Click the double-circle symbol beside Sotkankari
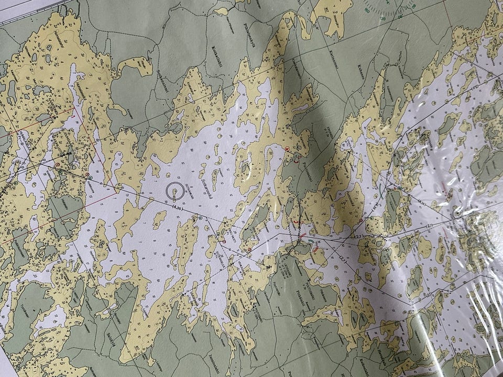pyautogui.click(x=175, y=192)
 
